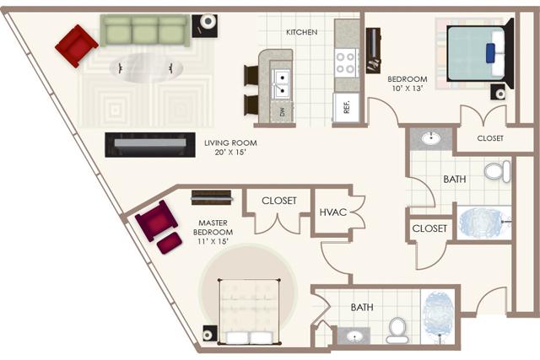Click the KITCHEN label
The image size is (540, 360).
click(301, 33)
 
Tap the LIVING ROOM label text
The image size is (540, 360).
click(230, 148)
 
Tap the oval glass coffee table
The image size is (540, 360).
click(148, 67)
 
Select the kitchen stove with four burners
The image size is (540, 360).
click(347, 62)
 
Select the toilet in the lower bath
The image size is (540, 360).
click(397, 330)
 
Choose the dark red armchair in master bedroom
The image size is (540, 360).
click(156, 222)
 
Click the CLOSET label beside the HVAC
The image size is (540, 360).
click(278, 201)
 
